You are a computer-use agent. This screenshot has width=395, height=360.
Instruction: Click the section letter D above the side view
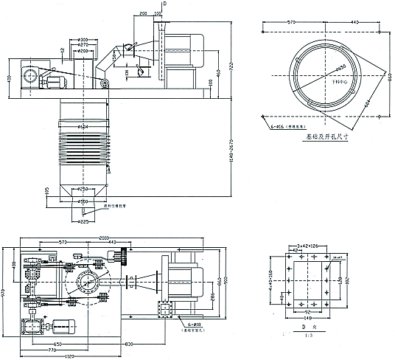tap(164, 4)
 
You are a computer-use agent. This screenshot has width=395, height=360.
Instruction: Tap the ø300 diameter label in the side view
tap(83, 39)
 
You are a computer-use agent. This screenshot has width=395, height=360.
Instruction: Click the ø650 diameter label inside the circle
tap(340, 68)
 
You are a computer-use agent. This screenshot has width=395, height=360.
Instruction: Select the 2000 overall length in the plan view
tap(107, 238)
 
